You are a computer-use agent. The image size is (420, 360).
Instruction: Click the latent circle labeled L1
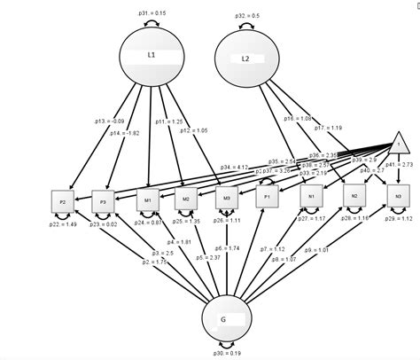151,56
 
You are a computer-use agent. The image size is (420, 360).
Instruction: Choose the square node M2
186,200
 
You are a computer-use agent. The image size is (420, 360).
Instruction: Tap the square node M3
227,199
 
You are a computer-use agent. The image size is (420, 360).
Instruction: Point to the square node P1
268,198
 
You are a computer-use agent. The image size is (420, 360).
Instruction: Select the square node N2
354,196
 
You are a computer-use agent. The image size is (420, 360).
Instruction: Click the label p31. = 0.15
152,13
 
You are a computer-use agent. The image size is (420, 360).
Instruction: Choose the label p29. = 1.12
401,218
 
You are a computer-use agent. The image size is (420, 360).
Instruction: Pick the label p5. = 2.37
209,257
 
